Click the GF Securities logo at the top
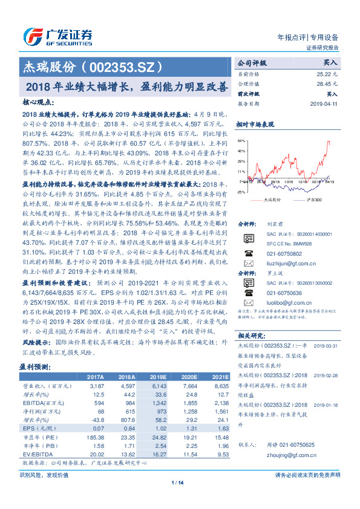coord(57,36)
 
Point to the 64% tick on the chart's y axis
coord(241,139)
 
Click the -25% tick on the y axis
coord(241,192)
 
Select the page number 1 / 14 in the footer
coord(177,482)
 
